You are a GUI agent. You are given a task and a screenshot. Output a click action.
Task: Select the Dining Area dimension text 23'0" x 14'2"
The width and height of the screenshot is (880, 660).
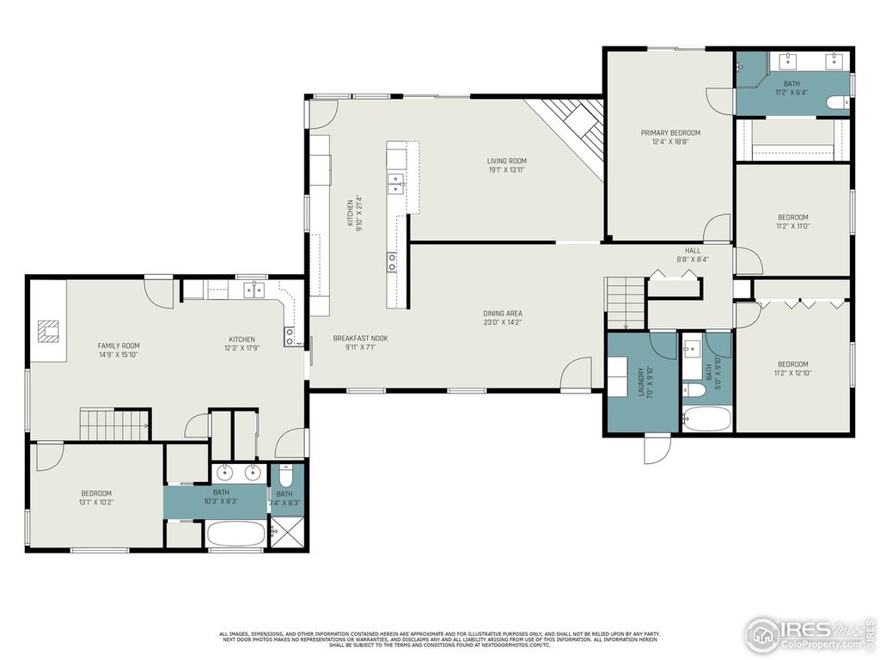pyautogui.click(x=503, y=323)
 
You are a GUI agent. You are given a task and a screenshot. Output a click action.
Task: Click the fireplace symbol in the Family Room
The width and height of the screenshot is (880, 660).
pyautogui.click(x=49, y=330)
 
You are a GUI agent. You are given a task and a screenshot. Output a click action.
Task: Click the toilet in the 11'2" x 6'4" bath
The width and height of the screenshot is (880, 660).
pyautogui.click(x=836, y=103)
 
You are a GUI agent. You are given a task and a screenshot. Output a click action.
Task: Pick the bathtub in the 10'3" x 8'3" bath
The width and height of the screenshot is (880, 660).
pyautogui.click(x=235, y=534)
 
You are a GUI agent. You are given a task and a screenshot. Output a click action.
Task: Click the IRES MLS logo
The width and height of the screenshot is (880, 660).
pyautogui.click(x=809, y=633)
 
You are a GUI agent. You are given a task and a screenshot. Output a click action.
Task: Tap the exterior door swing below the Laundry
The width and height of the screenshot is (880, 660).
pyautogui.click(x=657, y=449)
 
